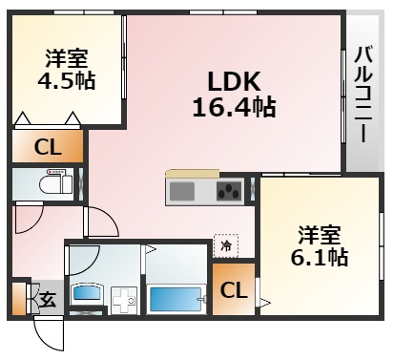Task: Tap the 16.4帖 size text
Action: [235, 107]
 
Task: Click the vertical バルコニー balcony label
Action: [363, 94]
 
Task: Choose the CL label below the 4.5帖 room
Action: [46, 146]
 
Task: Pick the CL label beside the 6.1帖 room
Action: [232, 288]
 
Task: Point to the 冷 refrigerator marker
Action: [225, 244]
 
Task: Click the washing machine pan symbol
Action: [123, 301]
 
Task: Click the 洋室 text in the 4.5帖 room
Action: [66, 55]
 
